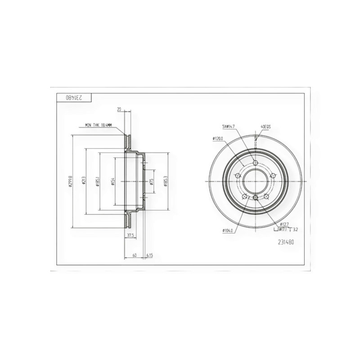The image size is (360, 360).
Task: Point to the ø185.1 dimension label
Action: click(x=98, y=182)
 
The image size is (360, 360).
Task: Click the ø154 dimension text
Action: click(x=113, y=182)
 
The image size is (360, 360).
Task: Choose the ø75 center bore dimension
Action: click(x=152, y=182)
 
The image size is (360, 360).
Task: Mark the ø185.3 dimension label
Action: click(x=166, y=182)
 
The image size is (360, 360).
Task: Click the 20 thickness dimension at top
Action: click(x=119, y=109)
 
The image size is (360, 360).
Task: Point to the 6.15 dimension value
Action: click(x=150, y=256)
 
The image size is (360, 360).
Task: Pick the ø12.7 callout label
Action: click(x=284, y=224)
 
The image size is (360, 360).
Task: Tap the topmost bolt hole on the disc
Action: click(x=255, y=163)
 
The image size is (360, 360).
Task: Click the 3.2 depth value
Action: click(x=295, y=229)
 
